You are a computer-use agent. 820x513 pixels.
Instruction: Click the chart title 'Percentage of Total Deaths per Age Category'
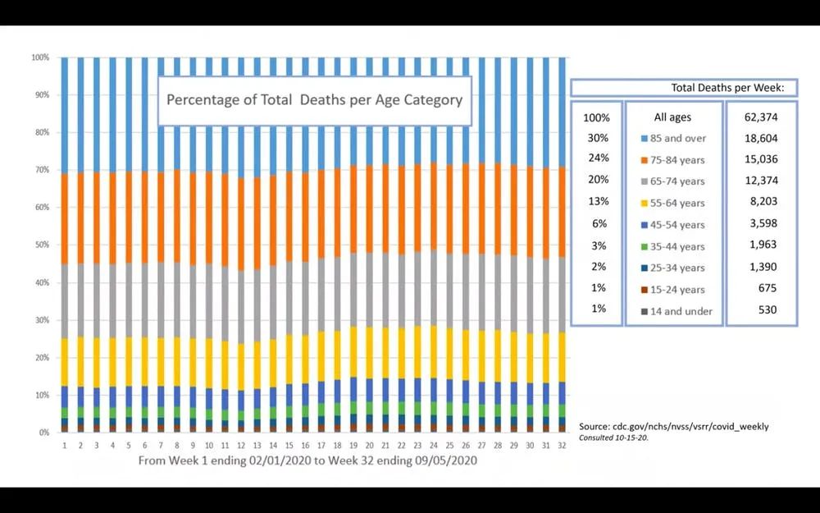[314, 100]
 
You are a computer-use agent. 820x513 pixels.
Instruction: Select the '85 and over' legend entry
[672, 139]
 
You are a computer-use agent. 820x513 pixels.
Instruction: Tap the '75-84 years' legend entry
[672, 160]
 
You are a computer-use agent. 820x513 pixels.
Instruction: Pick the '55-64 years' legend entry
[672, 203]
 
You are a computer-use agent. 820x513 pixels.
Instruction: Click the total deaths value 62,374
[760, 117]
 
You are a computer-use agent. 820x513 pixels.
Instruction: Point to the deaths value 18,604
[760, 138]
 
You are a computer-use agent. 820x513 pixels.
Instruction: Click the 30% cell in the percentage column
[597, 138]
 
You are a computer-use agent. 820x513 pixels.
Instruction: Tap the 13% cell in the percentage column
[597, 202]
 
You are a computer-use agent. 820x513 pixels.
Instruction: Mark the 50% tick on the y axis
[40, 245]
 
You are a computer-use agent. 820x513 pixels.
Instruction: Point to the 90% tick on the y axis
[40, 95]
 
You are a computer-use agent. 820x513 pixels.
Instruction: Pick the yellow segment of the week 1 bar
[64, 362]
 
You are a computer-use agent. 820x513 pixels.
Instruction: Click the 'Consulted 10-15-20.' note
[613, 437]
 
